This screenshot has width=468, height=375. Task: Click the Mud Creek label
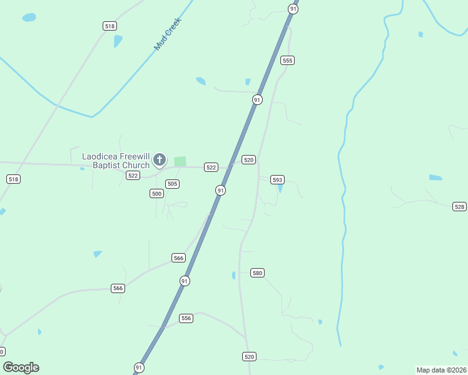tap(168, 34)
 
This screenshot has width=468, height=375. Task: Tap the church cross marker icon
tap(160, 159)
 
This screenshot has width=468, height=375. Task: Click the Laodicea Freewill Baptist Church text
tap(116, 161)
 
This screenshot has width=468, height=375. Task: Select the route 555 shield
tap(287, 60)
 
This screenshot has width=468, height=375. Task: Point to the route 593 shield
tap(278, 179)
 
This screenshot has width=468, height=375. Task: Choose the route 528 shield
tap(460, 206)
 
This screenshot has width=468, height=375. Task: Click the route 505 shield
tap(173, 184)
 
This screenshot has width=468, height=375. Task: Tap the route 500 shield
tap(156, 194)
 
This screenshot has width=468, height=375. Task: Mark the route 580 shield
tap(257, 272)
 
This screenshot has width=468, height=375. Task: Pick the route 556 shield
tap(186, 318)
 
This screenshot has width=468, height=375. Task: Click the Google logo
tap(21, 367)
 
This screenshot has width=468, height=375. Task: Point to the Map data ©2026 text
tap(440, 369)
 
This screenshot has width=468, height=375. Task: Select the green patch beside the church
tap(180, 161)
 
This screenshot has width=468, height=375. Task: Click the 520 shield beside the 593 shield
tap(248, 160)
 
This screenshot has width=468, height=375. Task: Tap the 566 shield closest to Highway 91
tap(178, 258)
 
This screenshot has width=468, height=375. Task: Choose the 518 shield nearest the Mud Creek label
tap(110, 26)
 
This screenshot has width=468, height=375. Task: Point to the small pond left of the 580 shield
tap(233, 275)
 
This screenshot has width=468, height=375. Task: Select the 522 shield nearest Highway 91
tap(211, 167)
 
